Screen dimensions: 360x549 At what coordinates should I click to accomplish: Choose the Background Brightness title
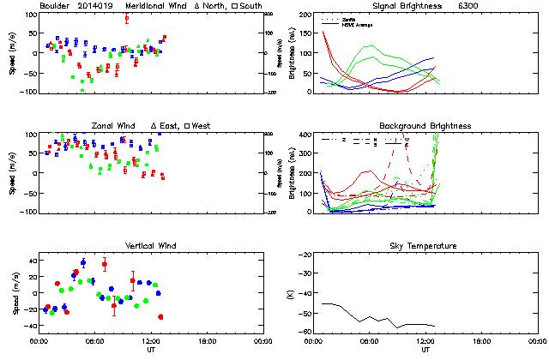[x=426, y=126]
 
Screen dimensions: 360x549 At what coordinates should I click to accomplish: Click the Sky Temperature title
[x=426, y=246]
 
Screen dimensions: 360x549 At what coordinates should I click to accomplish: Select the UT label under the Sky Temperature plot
[x=426, y=350]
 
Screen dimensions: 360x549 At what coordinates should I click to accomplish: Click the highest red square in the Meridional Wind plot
[x=127, y=18]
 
